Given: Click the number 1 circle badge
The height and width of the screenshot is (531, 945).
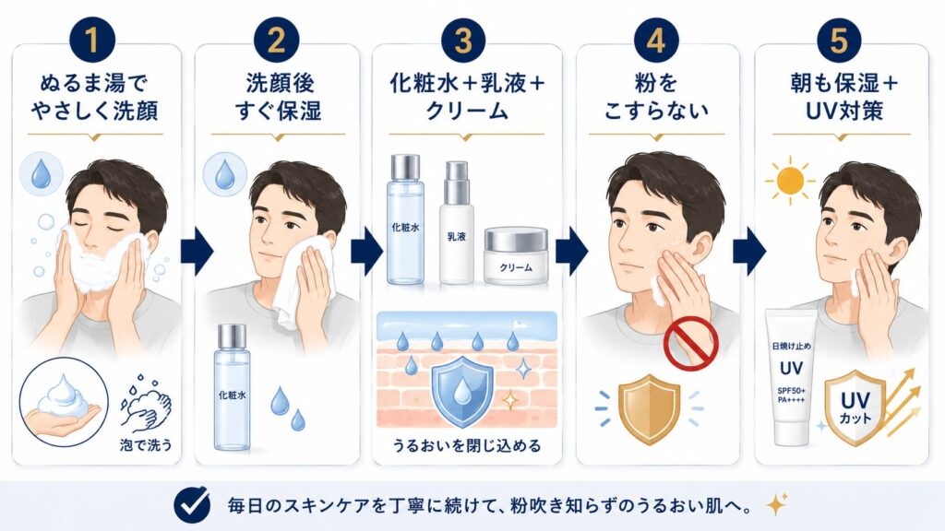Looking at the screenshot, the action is (x=92, y=41).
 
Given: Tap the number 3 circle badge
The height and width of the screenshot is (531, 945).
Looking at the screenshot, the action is (x=463, y=41).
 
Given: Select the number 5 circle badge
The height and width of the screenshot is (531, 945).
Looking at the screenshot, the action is (x=840, y=41).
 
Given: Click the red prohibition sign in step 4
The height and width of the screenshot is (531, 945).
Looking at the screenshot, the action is (x=690, y=342).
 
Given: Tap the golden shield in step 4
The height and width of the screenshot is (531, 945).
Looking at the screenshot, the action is (x=650, y=408).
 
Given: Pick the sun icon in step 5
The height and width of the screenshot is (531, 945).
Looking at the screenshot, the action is (x=790, y=180).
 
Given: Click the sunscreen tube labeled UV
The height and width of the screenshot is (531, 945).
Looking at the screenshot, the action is (x=791, y=377).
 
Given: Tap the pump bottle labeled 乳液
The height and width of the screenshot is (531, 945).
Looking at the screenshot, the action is (x=456, y=222).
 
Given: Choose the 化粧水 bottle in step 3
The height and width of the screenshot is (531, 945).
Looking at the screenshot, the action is (x=406, y=219).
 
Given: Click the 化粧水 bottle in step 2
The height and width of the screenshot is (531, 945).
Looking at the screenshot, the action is (x=232, y=387).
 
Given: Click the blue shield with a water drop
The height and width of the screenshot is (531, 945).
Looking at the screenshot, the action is (x=463, y=391).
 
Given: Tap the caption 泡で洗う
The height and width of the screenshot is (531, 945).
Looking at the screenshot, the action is (x=146, y=445).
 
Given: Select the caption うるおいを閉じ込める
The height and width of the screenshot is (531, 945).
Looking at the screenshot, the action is (x=466, y=445).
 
